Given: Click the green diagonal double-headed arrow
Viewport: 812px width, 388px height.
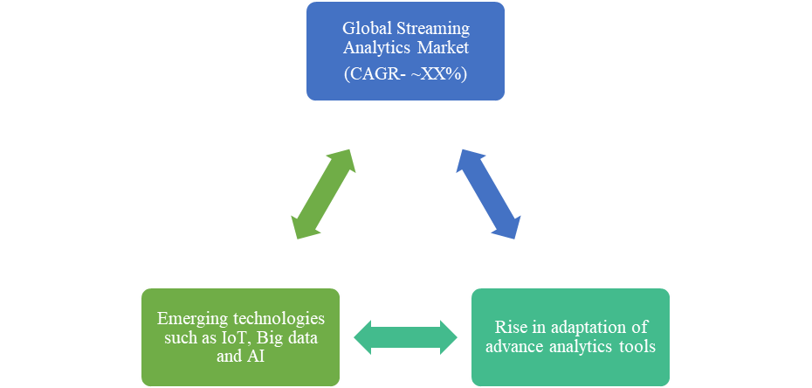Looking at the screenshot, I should click(x=322, y=193).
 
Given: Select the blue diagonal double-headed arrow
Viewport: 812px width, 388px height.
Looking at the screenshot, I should click(x=489, y=193).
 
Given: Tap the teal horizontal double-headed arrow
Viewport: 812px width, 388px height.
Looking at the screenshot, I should click(x=405, y=336).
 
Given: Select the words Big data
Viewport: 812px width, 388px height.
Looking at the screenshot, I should click(x=292, y=336).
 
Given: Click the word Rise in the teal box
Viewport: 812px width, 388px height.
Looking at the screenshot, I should click(x=511, y=327).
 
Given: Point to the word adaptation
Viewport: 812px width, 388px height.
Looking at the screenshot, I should click(x=587, y=327).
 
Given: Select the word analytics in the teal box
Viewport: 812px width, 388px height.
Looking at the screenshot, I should click(x=578, y=346).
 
